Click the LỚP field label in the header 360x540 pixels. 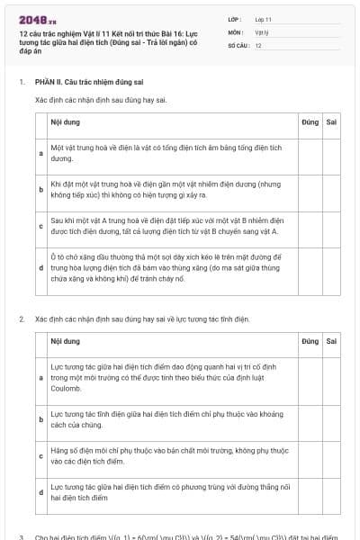tap(235, 19)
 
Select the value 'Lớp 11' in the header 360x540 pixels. tap(264, 19)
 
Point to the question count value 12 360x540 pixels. tap(258, 45)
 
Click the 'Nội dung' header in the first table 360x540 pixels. tap(65, 120)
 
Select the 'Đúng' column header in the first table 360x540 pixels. tap(310, 120)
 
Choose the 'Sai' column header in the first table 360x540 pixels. tap(331, 120)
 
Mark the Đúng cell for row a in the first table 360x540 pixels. tap(310, 153)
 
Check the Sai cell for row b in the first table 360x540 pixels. tap(331, 189)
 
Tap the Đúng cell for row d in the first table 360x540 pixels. tap(310, 268)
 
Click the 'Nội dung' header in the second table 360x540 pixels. tap(65, 342)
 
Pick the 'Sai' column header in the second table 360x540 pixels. tap(331, 342)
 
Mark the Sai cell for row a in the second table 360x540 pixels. tap(331, 378)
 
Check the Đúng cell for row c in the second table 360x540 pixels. tap(310, 455)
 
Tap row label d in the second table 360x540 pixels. tap(41, 492)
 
